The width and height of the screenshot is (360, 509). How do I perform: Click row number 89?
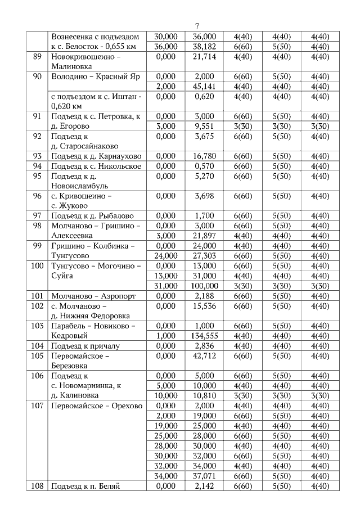[x=38, y=57]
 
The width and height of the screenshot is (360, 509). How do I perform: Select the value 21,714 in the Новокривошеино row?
[x=204, y=57]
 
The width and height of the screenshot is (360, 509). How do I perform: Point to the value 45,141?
[x=204, y=86]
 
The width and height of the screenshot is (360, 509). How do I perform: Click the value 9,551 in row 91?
[x=204, y=126]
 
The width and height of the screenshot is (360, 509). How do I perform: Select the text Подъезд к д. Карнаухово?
[x=96, y=156]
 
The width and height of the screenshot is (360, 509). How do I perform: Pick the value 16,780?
[x=204, y=156]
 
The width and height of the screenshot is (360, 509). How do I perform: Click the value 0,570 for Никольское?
[x=204, y=166]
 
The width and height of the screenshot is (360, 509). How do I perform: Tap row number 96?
[x=38, y=196]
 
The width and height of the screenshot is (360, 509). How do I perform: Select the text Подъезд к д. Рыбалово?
[x=93, y=215]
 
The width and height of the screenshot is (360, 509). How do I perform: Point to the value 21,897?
[x=204, y=235]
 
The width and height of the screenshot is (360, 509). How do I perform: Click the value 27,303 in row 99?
[x=204, y=255]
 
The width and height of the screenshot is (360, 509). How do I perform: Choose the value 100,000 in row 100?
[x=204, y=285]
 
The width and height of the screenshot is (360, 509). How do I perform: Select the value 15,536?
[x=204, y=305]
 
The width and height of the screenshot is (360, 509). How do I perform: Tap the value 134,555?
[x=204, y=335]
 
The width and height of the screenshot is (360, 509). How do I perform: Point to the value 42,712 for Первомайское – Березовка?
[x=204, y=355]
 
